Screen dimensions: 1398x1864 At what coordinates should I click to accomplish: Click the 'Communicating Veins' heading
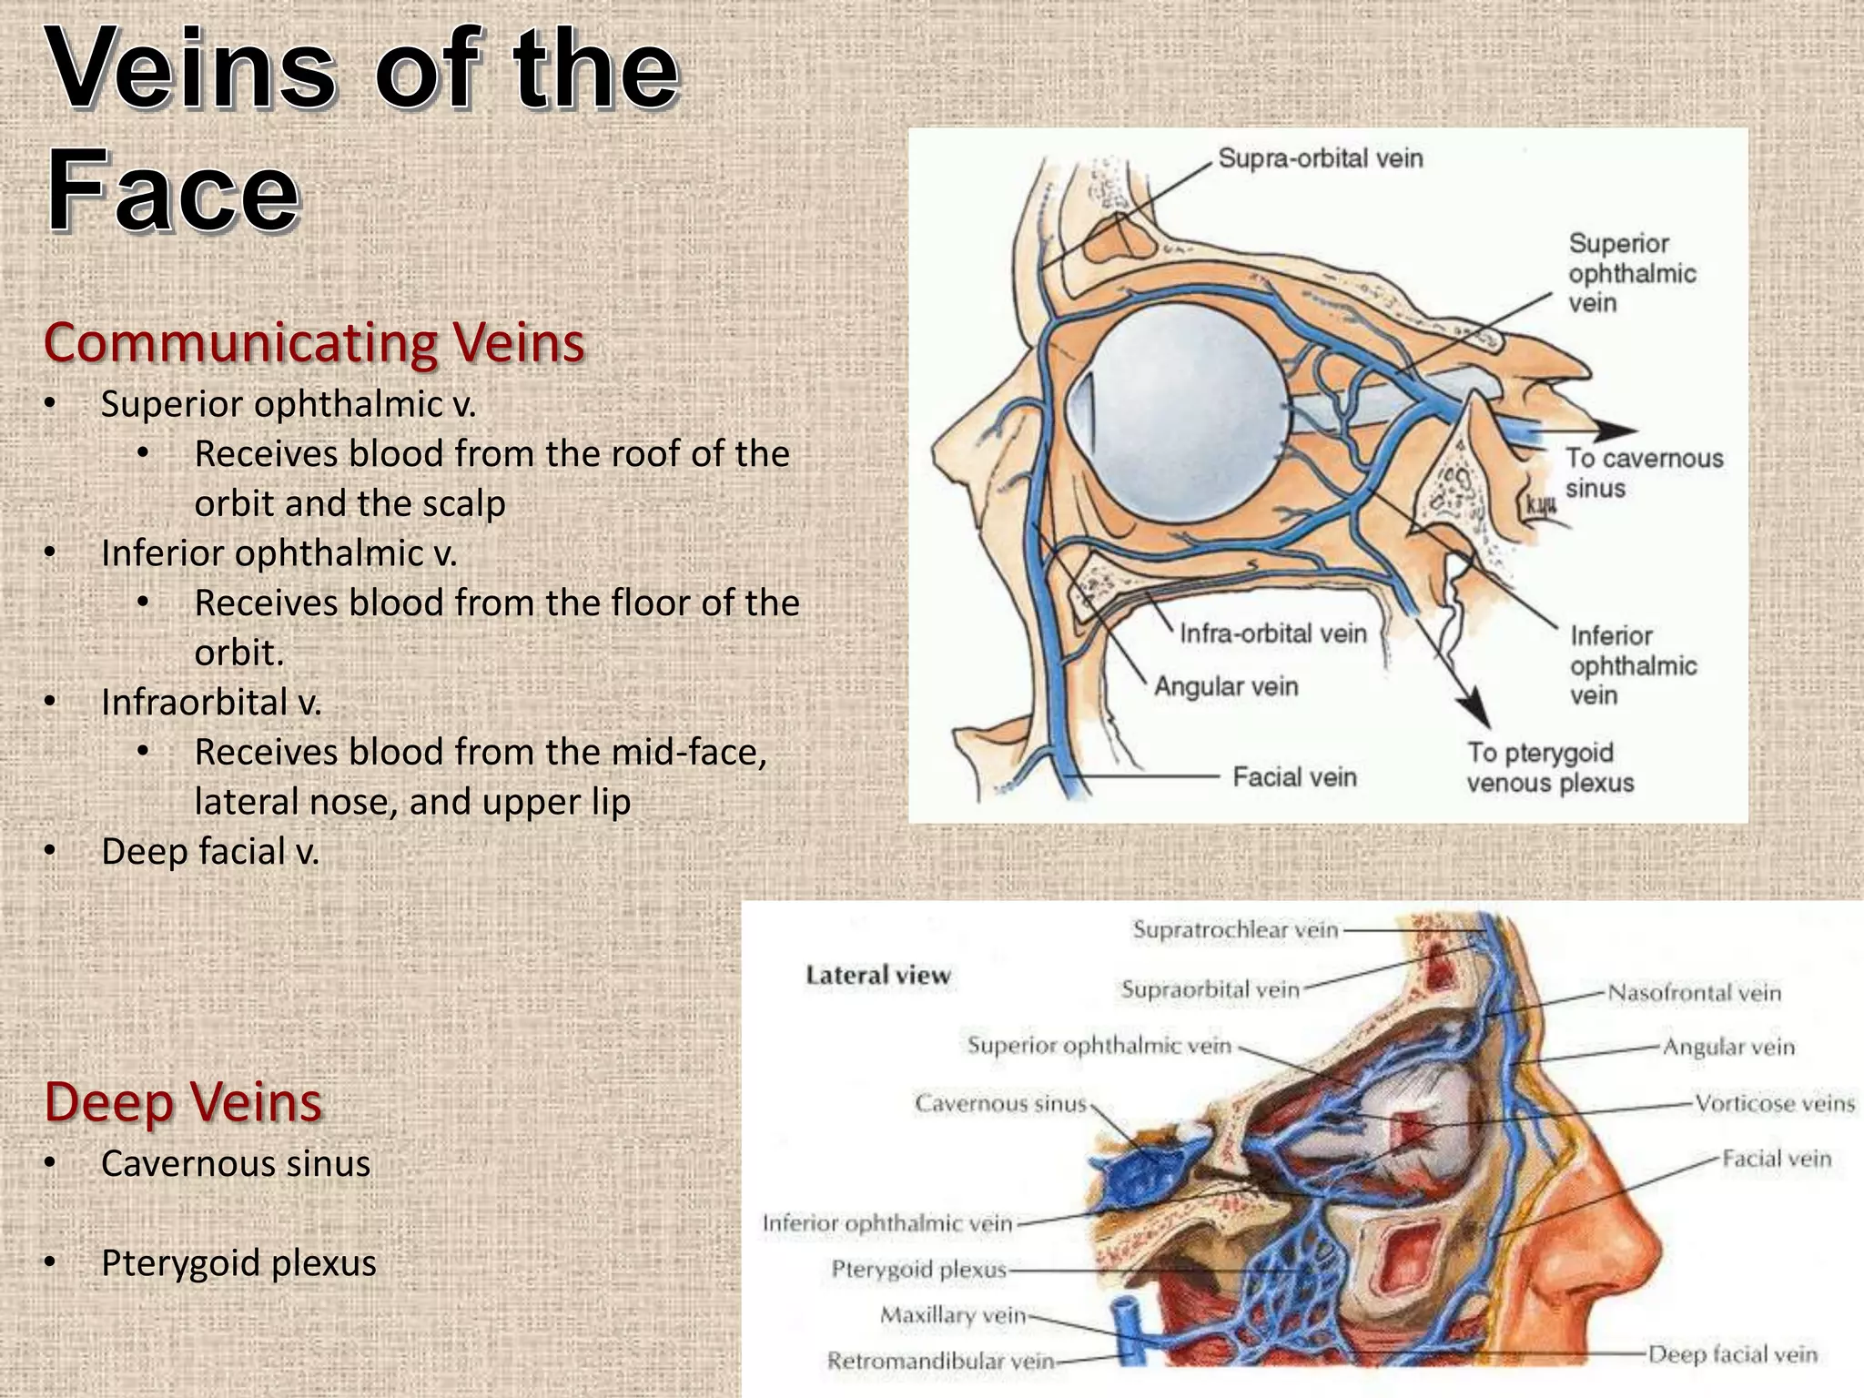[x=314, y=343]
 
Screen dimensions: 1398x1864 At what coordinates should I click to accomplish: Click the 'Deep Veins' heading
[x=183, y=1101]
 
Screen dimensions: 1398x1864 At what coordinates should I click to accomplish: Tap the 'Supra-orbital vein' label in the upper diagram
[x=1320, y=158]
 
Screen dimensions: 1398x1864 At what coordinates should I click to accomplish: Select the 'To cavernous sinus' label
[x=1644, y=472]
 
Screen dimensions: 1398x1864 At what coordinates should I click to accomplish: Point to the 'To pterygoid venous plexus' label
[x=1550, y=767]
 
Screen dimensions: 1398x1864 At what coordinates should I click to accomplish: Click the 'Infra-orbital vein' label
[x=1272, y=633]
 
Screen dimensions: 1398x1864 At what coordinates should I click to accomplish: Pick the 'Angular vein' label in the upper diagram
[x=1226, y=686]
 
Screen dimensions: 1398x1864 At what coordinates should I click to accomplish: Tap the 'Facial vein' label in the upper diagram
[x=1294, y=777]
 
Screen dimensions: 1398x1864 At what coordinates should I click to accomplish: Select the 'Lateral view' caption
[x=877, y=976]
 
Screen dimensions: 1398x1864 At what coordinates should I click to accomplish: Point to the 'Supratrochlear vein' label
[x=1235, y=929]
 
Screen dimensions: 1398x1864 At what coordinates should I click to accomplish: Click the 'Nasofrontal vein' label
[x=1694, y=992]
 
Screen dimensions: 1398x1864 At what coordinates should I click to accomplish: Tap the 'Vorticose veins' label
[x=1774, y=1104]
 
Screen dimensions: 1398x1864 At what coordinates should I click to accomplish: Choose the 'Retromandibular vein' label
[x=940, y=1361]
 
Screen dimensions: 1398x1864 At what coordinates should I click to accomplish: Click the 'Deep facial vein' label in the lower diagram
[x=1733, y=1354]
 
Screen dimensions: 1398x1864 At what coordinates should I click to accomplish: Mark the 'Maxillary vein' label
[x=953, y=1315]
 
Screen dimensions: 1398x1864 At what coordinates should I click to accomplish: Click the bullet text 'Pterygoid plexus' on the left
[x=238, y=1263]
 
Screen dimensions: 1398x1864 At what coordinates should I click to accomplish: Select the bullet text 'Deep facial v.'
[x=210, y=852]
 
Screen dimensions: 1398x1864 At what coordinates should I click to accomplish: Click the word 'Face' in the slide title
[x=173, y=192]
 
